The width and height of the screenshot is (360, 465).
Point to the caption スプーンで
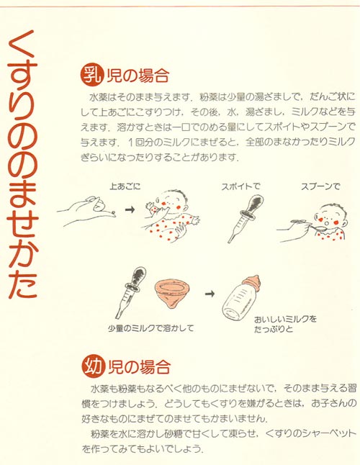coord(320,186)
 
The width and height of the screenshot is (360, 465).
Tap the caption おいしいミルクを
coord(284,317)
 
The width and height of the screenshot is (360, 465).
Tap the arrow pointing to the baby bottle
coord(209,294)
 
